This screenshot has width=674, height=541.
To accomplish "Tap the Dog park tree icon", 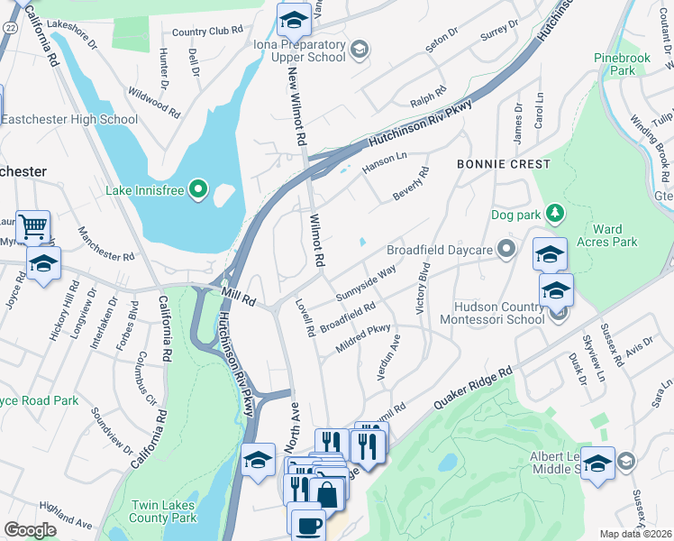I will click(x=557, y=214).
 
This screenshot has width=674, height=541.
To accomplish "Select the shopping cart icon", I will click(x=33, y=226).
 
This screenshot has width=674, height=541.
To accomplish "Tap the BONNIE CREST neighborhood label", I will click(x=503, y=164).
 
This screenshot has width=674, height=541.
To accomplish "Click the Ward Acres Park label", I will click(x=614, y=235).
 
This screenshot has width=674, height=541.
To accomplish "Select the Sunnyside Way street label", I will click(x=366, y=283).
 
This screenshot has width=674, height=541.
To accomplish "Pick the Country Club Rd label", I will click(x=207, y=31).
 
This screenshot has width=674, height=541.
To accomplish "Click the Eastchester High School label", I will click(x=68, y=119).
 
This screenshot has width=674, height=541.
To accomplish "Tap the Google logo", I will click(x=30, y=530).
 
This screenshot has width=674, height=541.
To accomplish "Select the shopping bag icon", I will click(x=328, y=492).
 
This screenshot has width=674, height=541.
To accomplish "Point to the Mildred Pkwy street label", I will click(x=365, y=335).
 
